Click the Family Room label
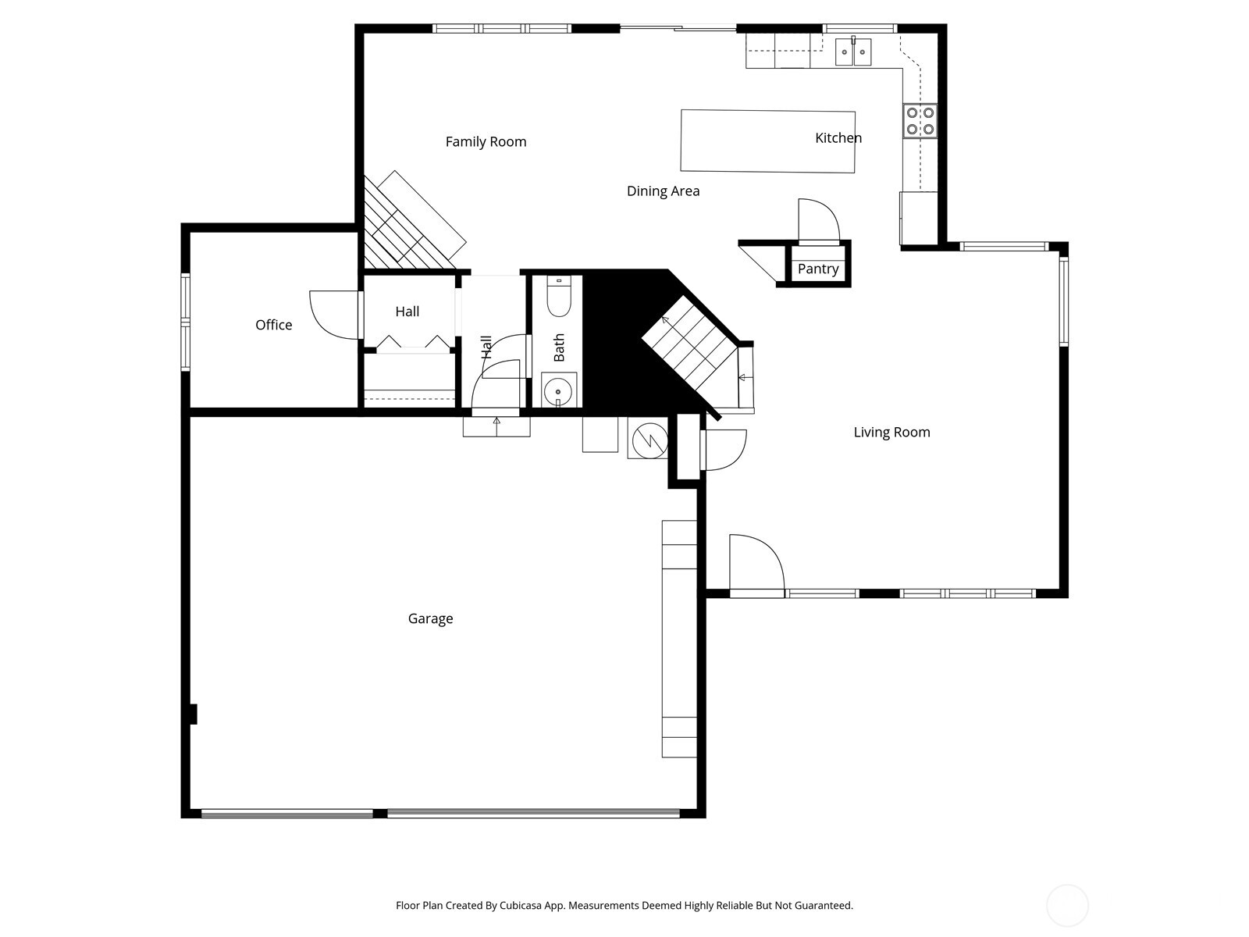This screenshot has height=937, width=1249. [486, 141]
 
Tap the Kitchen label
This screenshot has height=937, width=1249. [838, 138]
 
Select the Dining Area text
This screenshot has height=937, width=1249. [663, 191]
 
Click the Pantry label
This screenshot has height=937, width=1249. [818, 269]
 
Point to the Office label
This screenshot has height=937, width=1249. [273, 325]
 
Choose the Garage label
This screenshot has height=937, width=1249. [430, 619]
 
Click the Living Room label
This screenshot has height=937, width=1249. [891, 433]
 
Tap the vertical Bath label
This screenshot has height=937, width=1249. [559, 347]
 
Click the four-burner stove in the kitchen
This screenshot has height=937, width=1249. [920, 121]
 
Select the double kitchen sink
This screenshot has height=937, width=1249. [852, 52]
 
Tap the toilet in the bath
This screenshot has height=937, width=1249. [558, 297]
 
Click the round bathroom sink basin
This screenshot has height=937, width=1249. [558, 390]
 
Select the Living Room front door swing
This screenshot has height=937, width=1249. [756, 562]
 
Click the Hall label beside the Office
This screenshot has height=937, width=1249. [407, 312]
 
